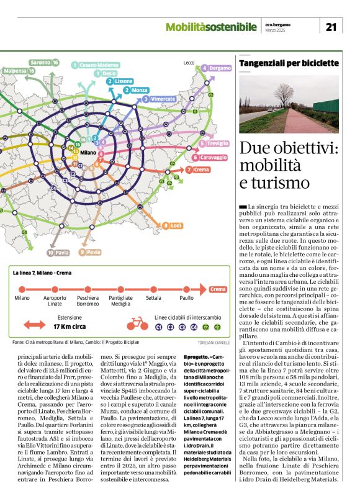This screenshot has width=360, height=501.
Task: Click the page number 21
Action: coord(331,26)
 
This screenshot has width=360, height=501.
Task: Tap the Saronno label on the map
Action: coord(43,62)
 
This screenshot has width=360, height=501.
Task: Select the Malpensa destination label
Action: coord(19,71)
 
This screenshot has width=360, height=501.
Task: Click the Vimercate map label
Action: coord(160,99)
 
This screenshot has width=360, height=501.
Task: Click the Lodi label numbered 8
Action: coord(174,225)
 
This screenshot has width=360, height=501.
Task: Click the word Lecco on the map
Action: coord(189,63)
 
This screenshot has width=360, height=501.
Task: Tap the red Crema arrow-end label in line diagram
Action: coord(218,289)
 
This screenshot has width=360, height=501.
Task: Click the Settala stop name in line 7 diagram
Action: coord(153,298)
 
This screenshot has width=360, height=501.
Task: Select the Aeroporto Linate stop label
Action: coord(55,301)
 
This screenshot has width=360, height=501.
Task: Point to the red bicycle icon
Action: coord(137,323)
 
